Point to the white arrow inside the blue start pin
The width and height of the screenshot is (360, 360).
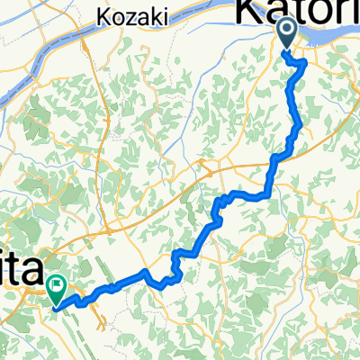[x=287, y=33]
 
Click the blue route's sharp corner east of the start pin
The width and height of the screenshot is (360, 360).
[x=306, y=62]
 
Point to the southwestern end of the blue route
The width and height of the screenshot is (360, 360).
[x=58, y=307]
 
